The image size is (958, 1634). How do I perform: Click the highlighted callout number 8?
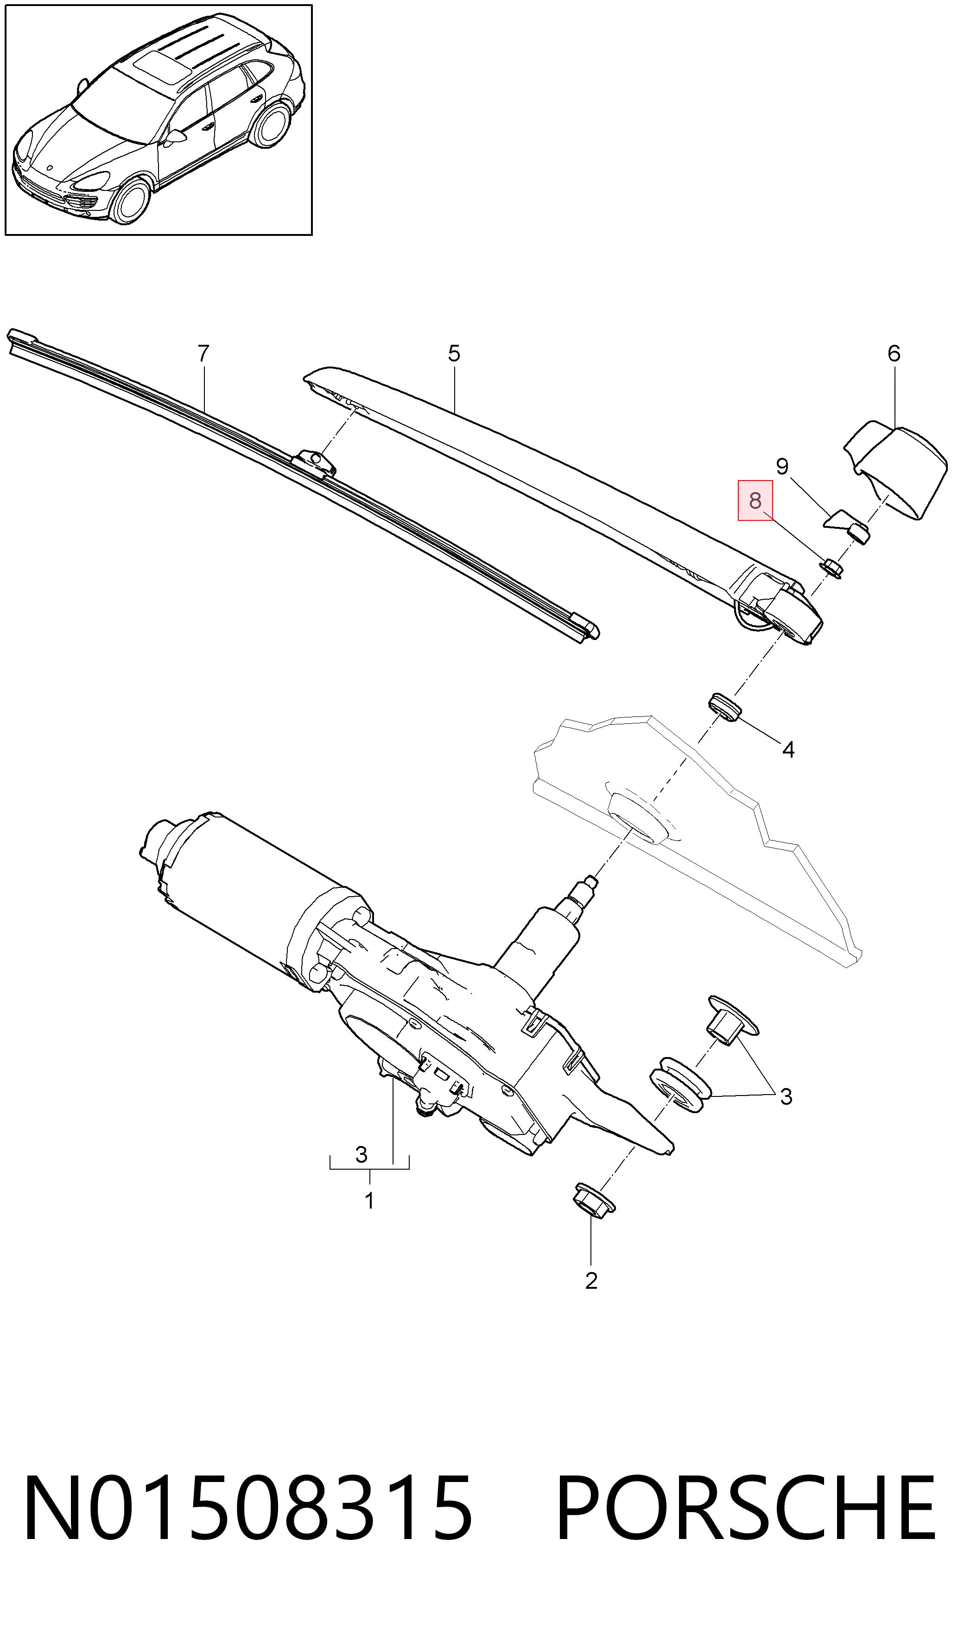755,500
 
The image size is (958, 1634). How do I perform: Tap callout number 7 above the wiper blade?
203,354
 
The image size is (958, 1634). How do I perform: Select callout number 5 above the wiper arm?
454,354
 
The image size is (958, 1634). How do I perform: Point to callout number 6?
894,354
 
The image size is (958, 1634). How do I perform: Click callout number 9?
782,466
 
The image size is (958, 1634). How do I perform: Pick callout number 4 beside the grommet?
788,749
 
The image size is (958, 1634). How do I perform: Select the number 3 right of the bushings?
786,1096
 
